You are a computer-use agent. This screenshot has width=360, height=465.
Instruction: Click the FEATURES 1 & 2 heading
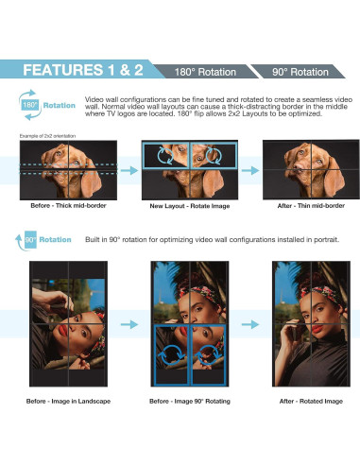pyautogui.click(x=83, y=70)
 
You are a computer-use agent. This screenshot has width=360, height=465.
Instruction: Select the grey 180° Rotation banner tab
pyautogui.click(x=205, y=72)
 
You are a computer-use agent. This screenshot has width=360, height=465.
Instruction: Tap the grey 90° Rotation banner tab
pyautogui.click(x=300, y=72)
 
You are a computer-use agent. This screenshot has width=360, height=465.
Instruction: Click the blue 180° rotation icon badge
pyautogui.click(x=30, y=105)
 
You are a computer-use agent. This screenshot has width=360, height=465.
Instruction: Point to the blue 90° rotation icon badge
pyautogui.click(x=30, y=240)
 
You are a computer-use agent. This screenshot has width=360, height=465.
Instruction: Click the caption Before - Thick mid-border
pyautogui.click(x=68, y=206)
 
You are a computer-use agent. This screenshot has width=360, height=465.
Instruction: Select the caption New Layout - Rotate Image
pyautogui.click(x=190, y=206)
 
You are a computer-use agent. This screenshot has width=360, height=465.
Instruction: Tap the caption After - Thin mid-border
pyautogui.click(x=311, y=206)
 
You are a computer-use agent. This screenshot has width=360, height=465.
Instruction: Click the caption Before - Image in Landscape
pyautogui.click(x=68, y=402)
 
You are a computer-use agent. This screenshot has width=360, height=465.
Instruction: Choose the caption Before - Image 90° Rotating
pyautogui.click(x=190, y=402)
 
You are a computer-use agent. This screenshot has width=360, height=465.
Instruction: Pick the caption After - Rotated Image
pyautogui.click(x=311, y=402)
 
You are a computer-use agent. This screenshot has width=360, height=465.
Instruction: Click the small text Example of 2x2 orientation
pyautogui.click(x=47, y=136)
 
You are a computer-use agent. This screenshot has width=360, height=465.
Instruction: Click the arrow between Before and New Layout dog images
pyautogui.click(x=129, y=170)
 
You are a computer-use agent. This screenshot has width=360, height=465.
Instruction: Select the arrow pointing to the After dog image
pyautogui.click(x=250, y=170)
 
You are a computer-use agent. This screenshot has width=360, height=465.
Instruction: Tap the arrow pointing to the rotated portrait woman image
pyautogui.click(x=250, y=324)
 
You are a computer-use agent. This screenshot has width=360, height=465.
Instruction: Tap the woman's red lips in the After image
pyautogui.click(x=317, y=329)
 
